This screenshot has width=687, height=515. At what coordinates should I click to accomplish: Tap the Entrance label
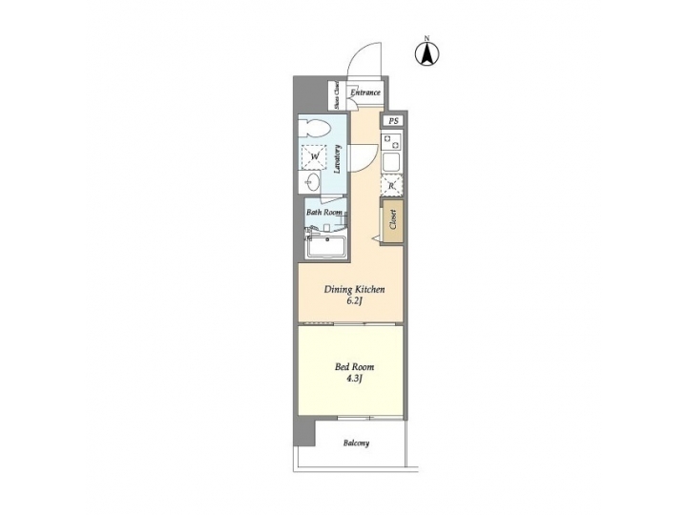coord(364,93)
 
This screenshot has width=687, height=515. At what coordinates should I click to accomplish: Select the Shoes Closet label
coord(336,95)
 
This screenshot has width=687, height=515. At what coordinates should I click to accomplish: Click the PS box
coord(393,121)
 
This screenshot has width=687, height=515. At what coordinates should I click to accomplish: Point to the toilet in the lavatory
coord(316,129)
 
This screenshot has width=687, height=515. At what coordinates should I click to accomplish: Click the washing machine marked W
coord(315,156)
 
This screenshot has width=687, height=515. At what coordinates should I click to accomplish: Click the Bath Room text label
coord(323,213)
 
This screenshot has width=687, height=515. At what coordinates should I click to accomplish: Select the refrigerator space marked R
coord(392,186)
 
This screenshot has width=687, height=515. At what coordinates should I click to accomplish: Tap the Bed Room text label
coord(354,366)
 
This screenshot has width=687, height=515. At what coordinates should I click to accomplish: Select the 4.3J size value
coord(354,379)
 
